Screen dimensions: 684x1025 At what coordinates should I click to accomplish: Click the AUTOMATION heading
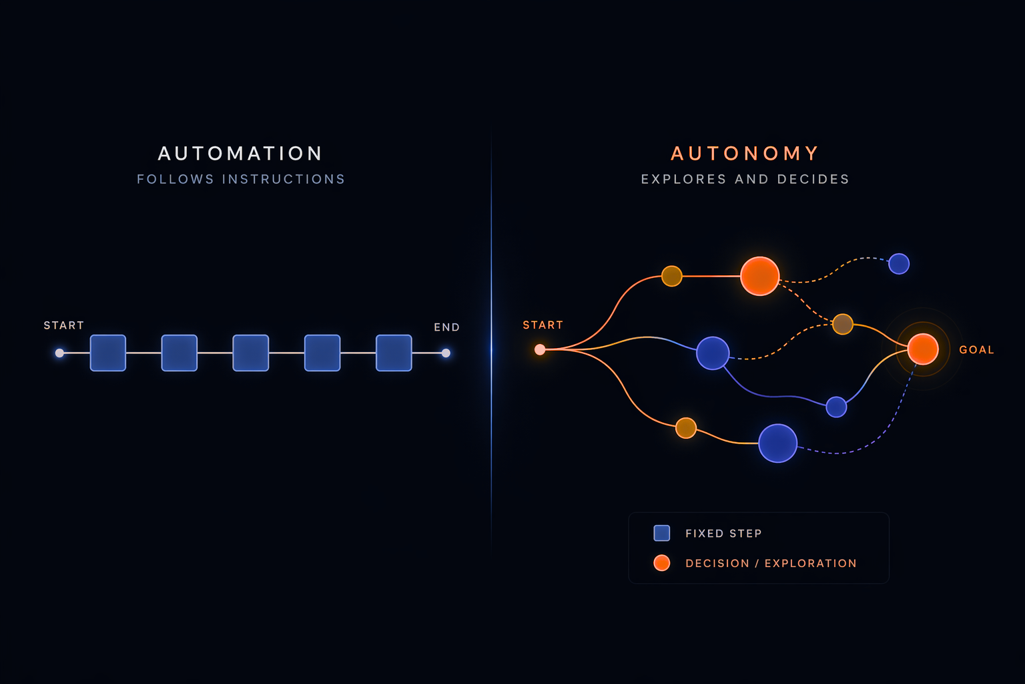[240, 154]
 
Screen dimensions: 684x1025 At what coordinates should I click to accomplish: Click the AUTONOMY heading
[745, 154]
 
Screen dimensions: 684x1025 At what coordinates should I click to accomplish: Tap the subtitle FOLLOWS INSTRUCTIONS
[241, 179]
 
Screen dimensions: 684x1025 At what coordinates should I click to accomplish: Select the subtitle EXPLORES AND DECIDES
[745, 179]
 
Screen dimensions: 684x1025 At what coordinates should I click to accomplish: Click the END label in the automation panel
[446, 327]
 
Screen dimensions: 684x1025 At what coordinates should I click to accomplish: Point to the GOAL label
[976, 349]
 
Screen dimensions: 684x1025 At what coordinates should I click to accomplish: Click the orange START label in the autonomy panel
[543, 325]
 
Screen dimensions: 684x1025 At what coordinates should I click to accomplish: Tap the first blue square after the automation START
[108, 353]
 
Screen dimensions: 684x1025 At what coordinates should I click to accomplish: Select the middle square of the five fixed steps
[251, 353]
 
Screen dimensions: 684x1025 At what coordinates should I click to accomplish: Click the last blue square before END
[394, 353]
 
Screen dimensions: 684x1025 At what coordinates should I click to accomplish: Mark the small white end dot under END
[446, 353]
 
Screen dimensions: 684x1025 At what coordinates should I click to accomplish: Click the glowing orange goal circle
[923, 349]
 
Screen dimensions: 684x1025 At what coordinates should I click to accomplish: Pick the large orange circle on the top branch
[759, 276]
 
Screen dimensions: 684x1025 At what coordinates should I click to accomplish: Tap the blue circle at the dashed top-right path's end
[899, 264]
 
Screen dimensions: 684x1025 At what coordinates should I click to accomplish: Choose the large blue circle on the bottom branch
[777, 443]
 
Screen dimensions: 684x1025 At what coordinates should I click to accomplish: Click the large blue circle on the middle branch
[713, 353]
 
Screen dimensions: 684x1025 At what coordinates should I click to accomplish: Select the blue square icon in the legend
[662, 533]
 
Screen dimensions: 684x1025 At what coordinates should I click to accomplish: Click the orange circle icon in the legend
[662, 563]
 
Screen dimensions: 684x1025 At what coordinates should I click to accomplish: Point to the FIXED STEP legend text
[723, 534]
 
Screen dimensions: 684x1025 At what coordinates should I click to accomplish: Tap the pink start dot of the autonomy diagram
[540, 349]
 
